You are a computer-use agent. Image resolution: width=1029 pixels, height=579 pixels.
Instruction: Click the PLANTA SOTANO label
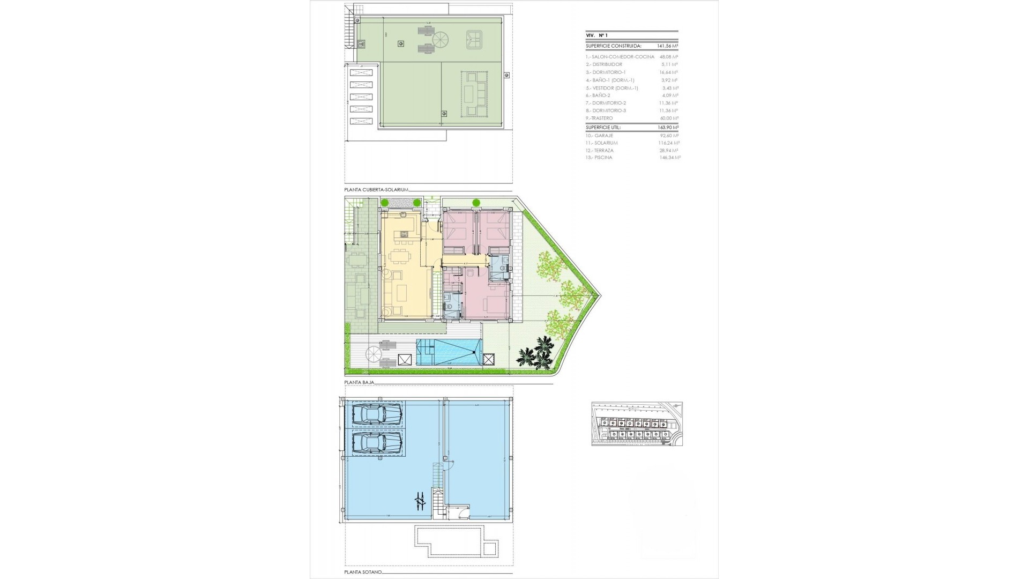click(x=363, y=573)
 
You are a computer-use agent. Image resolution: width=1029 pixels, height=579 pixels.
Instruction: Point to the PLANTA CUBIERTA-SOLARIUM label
click(x=376, y=190)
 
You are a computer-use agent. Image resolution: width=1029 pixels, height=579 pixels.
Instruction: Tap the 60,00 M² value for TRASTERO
click(x=668, y=118)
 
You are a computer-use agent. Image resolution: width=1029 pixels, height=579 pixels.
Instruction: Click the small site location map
click(x=637, y=424)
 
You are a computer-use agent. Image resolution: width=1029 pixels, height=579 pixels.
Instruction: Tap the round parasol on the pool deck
click(x=374, y=354)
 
